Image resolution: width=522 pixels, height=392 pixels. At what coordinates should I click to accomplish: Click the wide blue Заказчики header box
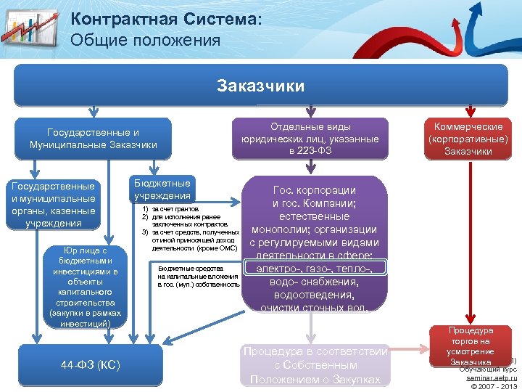pyautogui.click(x=261, y=86)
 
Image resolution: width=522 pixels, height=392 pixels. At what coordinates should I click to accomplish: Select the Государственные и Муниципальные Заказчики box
pyautogui.click(x=94, y=139)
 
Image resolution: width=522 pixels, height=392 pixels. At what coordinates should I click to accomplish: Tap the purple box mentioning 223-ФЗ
pyautogui.click(x=310, y=139)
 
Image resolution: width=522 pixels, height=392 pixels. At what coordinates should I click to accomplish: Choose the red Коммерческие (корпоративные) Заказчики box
pyautogui.click(x=468, y=139)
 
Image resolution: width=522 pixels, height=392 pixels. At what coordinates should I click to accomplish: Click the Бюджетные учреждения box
pyautogui.click(x=162, y=189)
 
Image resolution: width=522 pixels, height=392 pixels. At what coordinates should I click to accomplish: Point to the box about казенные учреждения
pyautogui.click(x=50, y=205)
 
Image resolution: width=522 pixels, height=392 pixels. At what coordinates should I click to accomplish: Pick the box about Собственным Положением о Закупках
pyautogui.click(x=318, y=365)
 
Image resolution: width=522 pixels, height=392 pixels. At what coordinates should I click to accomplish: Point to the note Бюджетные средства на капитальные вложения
pyautogui.click(x=198, y=276)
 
